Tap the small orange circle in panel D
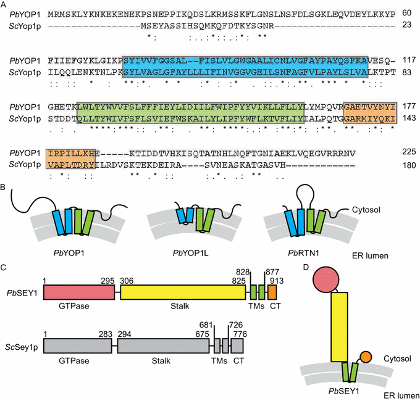pos(365,357)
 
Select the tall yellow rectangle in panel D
pos(341,327)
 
